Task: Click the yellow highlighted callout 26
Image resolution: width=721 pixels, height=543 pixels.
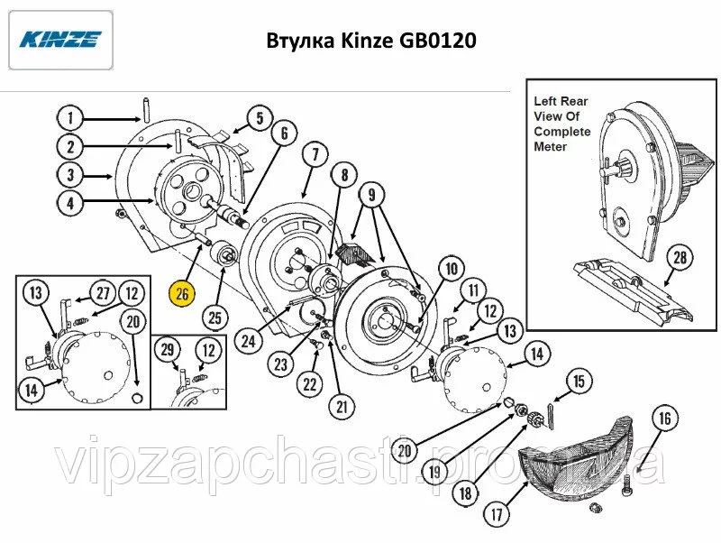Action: point(182,293)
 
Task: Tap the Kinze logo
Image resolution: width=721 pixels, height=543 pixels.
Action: point(60,40)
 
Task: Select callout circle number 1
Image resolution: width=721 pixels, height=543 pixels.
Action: point(70,118)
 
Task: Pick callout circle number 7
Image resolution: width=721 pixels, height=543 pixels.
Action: point(315,154)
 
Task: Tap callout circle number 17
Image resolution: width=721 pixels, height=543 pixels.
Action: point(497,513)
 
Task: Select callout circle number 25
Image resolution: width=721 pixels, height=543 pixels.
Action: point(215,318)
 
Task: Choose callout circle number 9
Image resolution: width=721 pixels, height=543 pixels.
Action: point(371,195)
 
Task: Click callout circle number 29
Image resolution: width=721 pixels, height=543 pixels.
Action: point(168,350)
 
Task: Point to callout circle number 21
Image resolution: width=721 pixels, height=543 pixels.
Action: point(342,407)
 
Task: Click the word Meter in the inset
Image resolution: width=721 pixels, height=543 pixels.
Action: point(550,147)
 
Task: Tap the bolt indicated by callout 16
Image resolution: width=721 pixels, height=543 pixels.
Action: point(626,488)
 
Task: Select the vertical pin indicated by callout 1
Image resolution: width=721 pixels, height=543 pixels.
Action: point(146,109)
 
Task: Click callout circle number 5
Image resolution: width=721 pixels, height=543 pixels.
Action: point(260,118)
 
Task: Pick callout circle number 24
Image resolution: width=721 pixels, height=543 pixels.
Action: point(249,342)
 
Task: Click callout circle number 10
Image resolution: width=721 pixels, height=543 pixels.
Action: point(452,268)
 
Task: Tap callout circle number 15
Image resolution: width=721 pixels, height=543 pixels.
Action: point(579,381)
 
